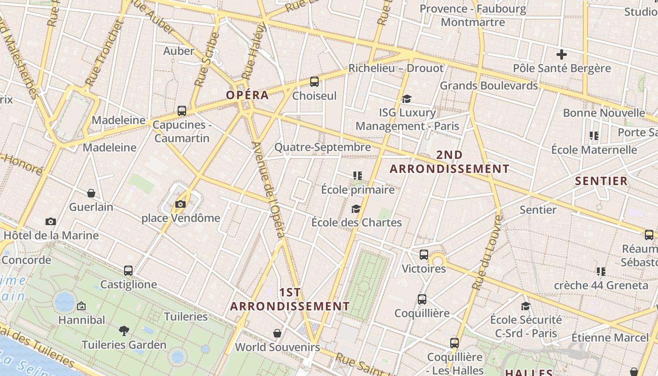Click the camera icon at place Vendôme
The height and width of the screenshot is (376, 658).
tap(180, 204)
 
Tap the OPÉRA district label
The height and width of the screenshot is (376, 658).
tap(247, 95)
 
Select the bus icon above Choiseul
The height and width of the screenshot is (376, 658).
tap(314, 82)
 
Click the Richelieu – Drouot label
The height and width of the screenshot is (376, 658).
tap(396, 68)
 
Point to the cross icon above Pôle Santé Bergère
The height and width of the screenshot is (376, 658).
tap(561, 54)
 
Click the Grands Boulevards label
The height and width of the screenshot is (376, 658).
tap(488, 86)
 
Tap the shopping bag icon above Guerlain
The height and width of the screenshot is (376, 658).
tap(91, 193)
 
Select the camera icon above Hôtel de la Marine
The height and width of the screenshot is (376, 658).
tap(51, 221)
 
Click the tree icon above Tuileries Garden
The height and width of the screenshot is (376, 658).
tap(124, 331)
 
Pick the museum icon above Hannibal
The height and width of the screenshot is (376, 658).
tap(81, 306)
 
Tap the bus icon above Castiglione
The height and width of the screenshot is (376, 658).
tap(128, 271)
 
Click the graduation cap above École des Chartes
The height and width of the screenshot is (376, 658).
tap(356, 209)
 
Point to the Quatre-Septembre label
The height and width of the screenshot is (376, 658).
tap(322, 147)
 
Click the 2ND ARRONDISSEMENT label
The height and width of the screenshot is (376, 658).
tap(449, 162)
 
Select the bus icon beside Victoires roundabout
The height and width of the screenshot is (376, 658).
tap(424, 255)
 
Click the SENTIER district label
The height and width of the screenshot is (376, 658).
tap(601, 181)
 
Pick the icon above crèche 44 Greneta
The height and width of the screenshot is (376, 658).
tap(601, 271)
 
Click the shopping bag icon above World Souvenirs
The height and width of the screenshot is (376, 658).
tap(277, 333)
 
